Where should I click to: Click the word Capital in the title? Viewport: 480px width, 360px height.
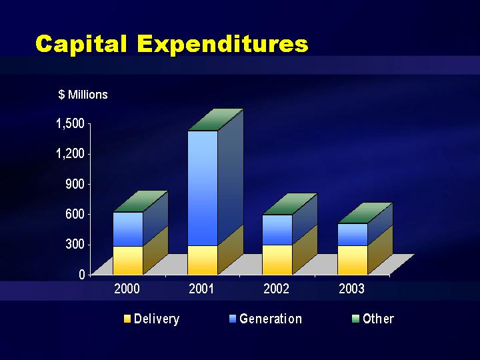pyautogui.click(x=81, y=44)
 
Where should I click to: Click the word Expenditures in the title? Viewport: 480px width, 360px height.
pyautogui.click(x=223, y=44)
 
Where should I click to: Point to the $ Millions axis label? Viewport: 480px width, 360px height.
pyautogui.click(x=83, y=95)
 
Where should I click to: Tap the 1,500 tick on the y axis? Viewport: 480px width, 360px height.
pyautogui.click(x=70, y=124)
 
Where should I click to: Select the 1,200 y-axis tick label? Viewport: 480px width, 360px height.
pyautogui.click(x=70, y=153)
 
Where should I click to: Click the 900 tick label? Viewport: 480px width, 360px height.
pyautogui.click(x=75, y=184)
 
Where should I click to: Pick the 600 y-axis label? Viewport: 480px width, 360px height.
pyautogui.click(x=75, y=214)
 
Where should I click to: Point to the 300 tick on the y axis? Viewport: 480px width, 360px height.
pyautogui.click(x=75, y=244)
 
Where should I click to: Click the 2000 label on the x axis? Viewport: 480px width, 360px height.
pyautogui.click(x=127, y=289)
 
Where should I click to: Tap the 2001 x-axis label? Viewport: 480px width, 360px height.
pyautogui.click(x=201, y=289)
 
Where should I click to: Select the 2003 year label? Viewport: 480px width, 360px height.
pyautogui.click(x=351, y=289)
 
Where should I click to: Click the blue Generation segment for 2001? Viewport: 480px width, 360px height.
pyautogui.click(x=203, y=188)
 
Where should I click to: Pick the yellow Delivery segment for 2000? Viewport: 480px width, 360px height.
pyautogui.click(x=128, y=260)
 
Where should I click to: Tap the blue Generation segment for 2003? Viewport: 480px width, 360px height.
pyautogui.click(x=353, y=235)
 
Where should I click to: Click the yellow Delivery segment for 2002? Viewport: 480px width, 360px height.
pyautogui.click(x=277, y=259)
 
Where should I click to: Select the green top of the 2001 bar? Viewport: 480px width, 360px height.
pyautogui.click(x=215, y=120)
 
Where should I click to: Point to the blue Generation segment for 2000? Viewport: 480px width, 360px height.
pyautogui.click(x=128, y=229)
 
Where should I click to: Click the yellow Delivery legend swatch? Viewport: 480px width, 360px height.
pyautogui.click(x=127, y=319)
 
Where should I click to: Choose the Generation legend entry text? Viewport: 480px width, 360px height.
pyautogui.click(x=271, y=319)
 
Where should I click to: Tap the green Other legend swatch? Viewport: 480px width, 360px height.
pyautogui.click(x=355, y=319)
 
